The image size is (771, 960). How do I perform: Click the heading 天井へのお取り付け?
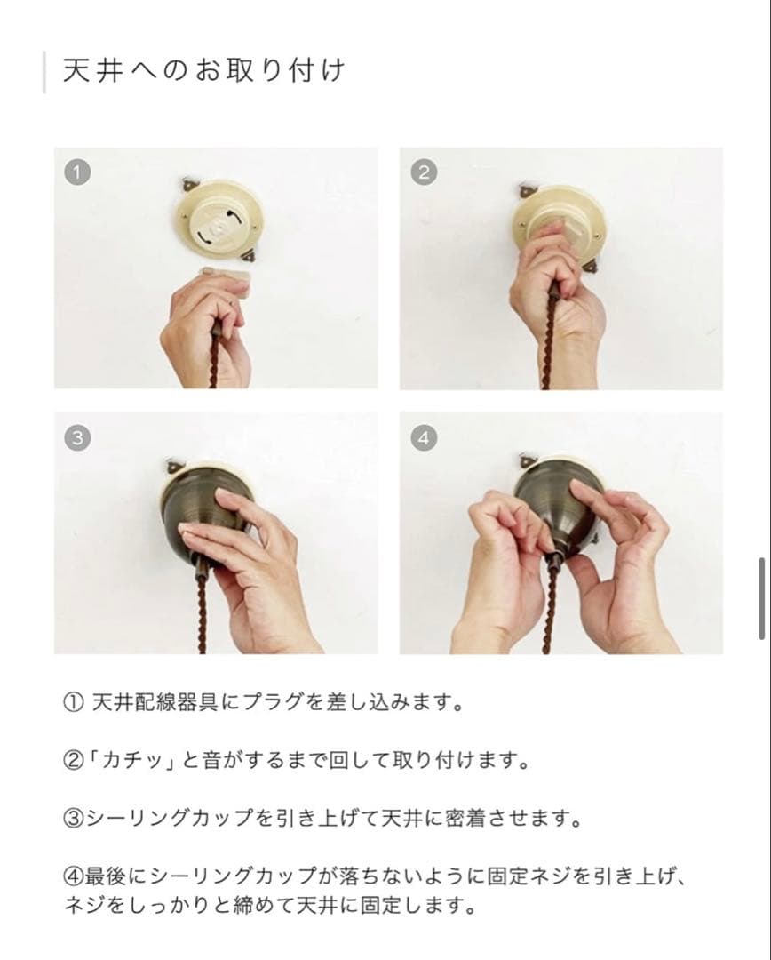click(x=203, y=72)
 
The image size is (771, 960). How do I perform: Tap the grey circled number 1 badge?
click(x=78, y=172)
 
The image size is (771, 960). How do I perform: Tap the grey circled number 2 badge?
click(x=423, y=172)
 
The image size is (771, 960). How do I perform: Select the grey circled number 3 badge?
click(x=78, y=437)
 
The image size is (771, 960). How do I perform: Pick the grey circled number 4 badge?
click(x=424, y=437)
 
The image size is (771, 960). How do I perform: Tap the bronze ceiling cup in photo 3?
click(x=201, y=516)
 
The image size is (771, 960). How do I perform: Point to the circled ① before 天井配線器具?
click(x=73, y=704)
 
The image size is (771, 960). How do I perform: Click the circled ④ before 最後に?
click(x=73, y=876)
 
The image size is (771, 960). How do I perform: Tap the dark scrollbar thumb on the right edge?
click(x=762, y=598)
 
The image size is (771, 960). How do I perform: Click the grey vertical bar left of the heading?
click(x=44, y=72)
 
